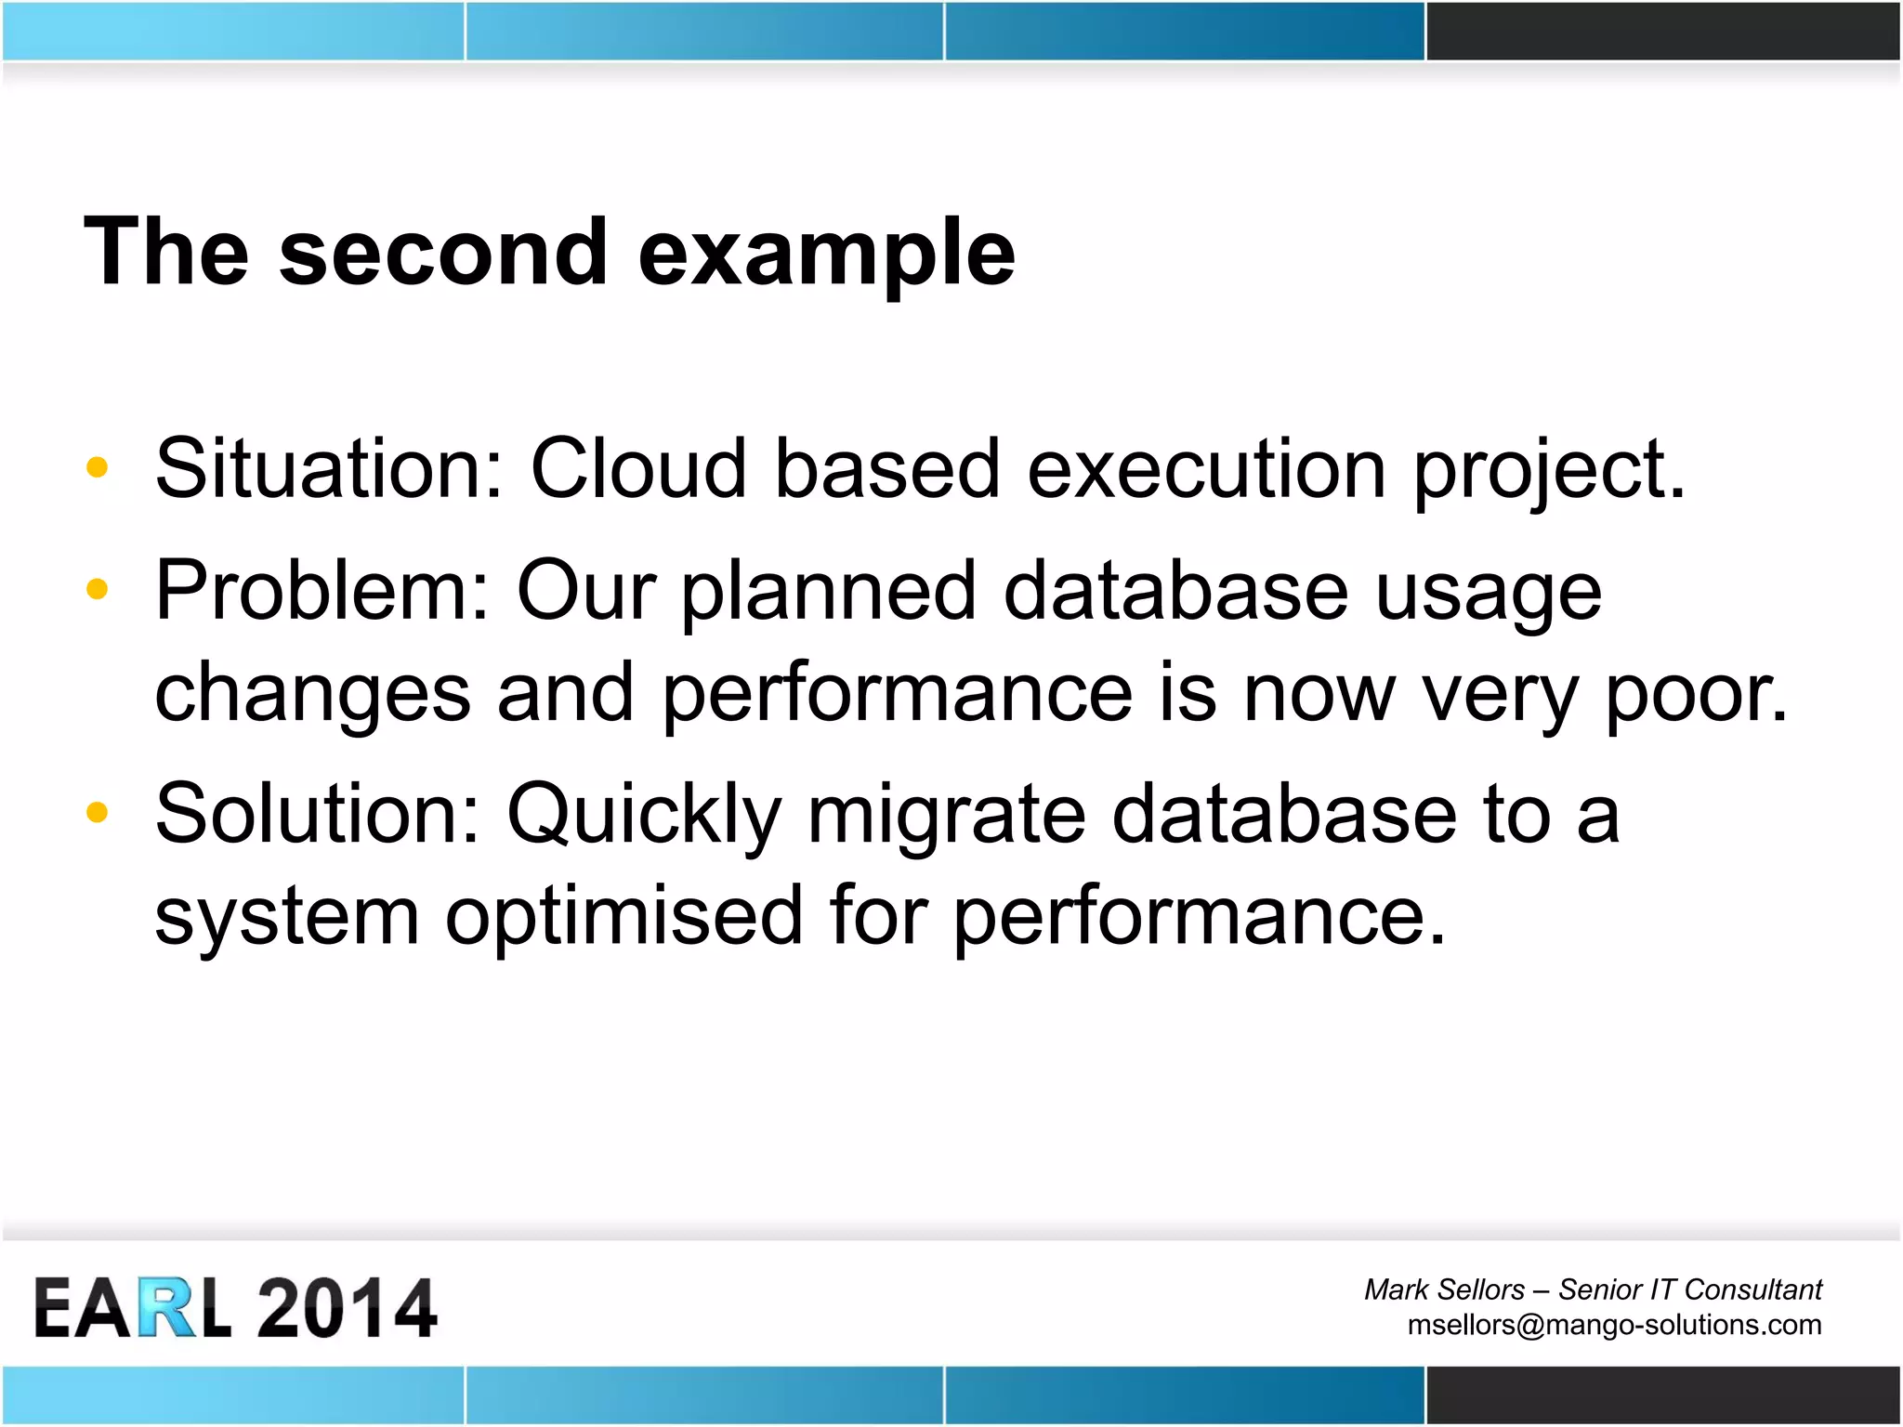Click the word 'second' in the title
pyautogui.click(x=443, y=253)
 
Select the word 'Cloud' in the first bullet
pyautogui.click(x=638, y=468)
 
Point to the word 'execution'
pyautogui.click(x=1206, y=468)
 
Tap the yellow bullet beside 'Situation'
pyautogui.click(x=97, y=467)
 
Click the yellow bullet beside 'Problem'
pyautogui.click(x=97, y=589)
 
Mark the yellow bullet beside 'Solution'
pyautogui.click(x=97, y=813)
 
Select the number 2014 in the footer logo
pyautogui.click(x=346, y=1308)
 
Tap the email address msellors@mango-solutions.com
pyautogui.click(x=1614, y=1325)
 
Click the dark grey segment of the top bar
pyautogui.click(x=1663, y=31)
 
